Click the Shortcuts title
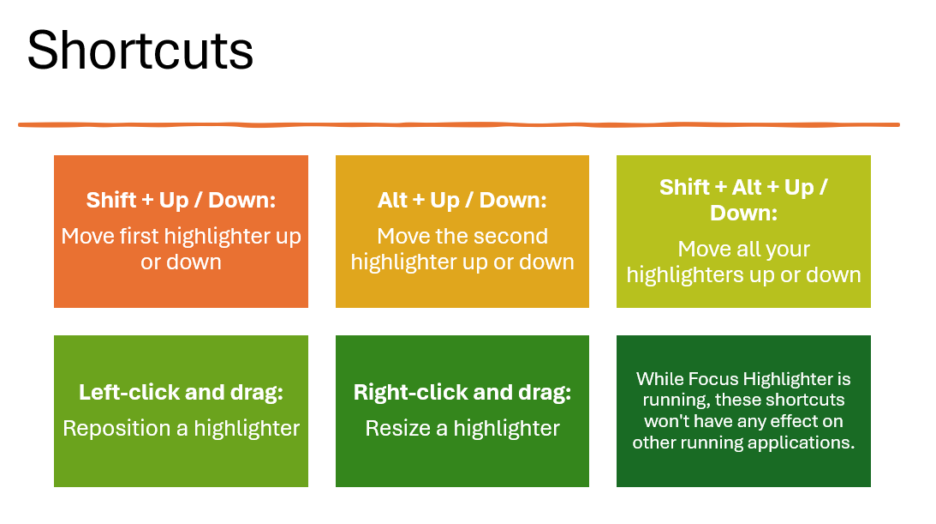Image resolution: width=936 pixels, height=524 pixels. coord(140,51)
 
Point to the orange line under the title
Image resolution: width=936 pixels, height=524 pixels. coord(458,125)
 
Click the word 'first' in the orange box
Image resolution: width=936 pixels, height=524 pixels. coord(140,236)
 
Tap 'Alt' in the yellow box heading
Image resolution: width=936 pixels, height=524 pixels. coord(393,200)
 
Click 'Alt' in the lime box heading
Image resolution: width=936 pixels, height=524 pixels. coord(747,188)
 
